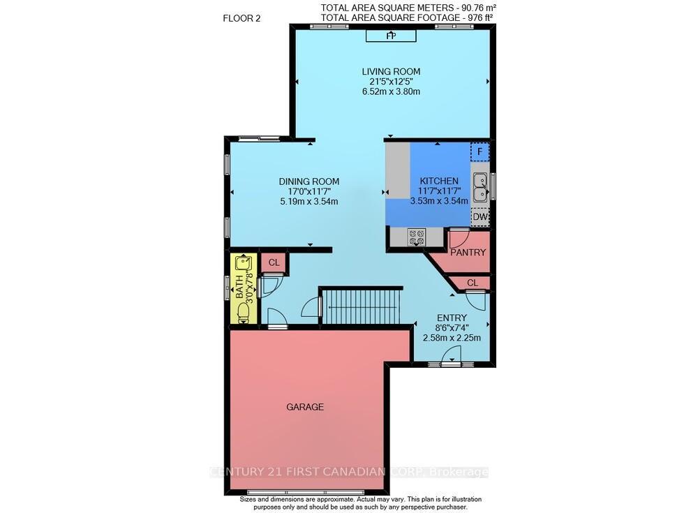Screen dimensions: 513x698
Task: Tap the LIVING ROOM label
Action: pos(391,71)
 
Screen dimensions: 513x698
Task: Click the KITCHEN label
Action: pos(438,181)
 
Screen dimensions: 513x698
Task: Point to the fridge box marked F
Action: pos(480,151)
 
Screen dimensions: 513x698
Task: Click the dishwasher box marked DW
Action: pos(480,217)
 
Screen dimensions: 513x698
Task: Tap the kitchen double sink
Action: pos(480,186)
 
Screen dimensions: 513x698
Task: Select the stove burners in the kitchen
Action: pos(417,237)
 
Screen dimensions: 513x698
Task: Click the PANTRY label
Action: pos(468,253)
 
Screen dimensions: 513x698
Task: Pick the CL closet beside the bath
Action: pos(274,262)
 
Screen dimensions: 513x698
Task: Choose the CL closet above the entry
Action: pos(472,283)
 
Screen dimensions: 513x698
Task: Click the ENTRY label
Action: pos(452,318)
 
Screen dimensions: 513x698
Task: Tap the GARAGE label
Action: pos(305,407)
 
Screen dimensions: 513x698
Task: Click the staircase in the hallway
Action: pos(361,307)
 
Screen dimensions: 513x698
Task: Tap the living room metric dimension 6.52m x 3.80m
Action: pos(391,91)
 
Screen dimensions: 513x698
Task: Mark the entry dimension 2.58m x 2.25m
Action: pos(452,338)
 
